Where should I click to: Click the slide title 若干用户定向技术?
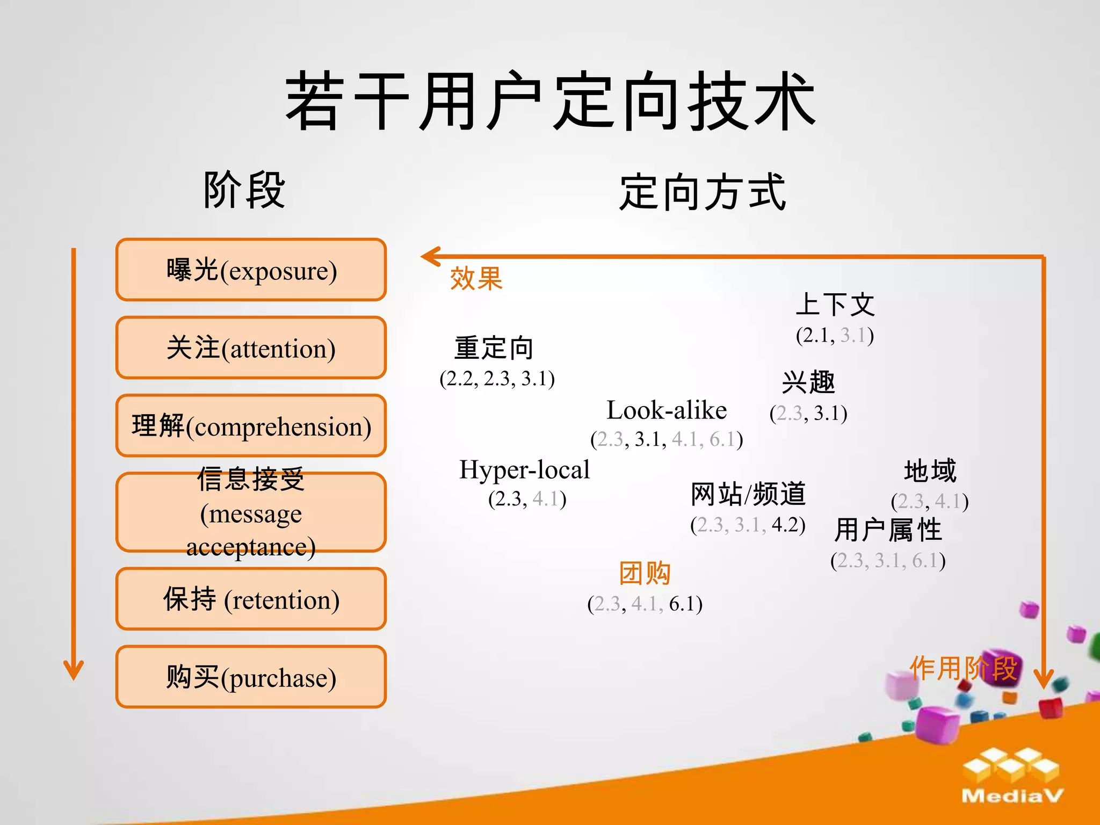pyautogui.click(x=550, y=102)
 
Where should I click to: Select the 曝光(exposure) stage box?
pyautogui.click(x=251, y=270)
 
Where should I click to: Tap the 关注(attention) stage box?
pyautogui.click(x=251, y=348)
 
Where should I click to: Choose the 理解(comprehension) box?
pyautogui.click(x=251, y=426)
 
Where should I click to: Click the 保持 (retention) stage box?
pyautogui.click(x=251, y=599)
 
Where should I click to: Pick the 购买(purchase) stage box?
pyautogui.click(x=251, y=677)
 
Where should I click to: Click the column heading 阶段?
pyautogui.click(x=244, y=190)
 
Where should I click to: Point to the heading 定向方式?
pyautogui.click(x=703, y=192)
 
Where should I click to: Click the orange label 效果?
pyautogui.click(x=476, y=278)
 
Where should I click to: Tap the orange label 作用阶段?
pyautogui.click(x=962, y=668)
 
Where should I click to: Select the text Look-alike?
pyautogui.click(x=667, y=410)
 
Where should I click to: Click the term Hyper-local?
pyautogui.click(x=524, y=469)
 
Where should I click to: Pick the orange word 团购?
pyautogui.click(x=645, y=573)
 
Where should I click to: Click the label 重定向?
pyautogui.click(x=494, y=348)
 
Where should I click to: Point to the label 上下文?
pyautogui.click(x=835, y=305)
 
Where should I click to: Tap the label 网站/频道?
pyautogui.click(x=748, y=494)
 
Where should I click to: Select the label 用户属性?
pyautogui.click(x=888, y=530)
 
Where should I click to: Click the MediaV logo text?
pyautogui.click(x=1012, y=795)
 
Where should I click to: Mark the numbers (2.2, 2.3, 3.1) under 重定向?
pyautogui.click(x=497, y=379)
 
